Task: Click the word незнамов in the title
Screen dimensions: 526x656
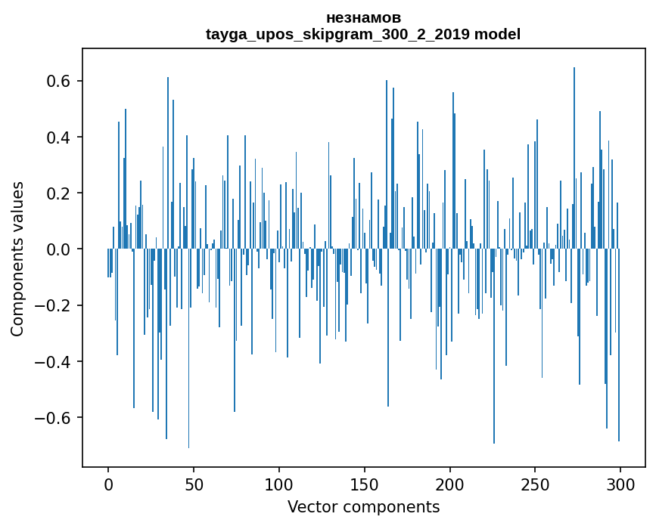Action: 363,17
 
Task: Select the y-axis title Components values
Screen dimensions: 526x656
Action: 17,258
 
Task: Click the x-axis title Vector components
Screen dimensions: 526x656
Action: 363,506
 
